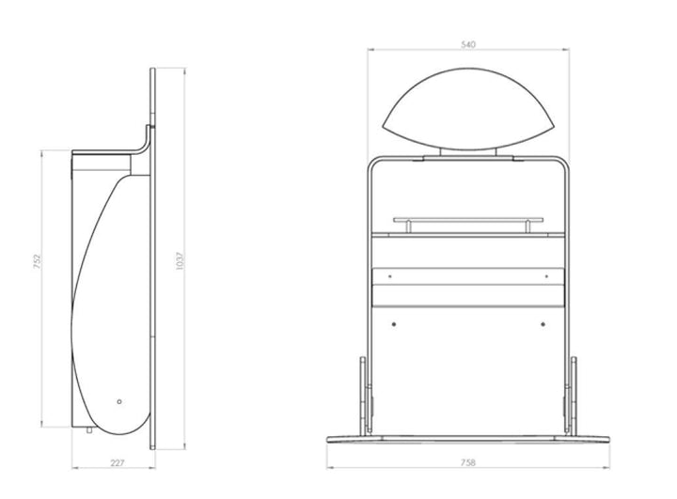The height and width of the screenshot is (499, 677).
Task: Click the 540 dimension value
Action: click(x=468, y=44)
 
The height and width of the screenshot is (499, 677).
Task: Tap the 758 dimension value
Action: click(x=468, y=462)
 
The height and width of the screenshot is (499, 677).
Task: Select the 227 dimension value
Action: click(x=117, y=463)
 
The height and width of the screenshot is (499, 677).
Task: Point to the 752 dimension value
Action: click(x=37, y=262)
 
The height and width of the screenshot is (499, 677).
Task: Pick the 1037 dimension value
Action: click(x=180, y=261)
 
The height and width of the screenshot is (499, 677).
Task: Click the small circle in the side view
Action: click(x=119, y=401)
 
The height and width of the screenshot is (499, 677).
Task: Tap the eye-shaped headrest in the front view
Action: click(x=468, y=109)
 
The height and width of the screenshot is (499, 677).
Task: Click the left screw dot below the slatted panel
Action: click(x=393, y=324)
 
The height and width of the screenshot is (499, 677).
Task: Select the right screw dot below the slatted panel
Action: click(x=543, y=324)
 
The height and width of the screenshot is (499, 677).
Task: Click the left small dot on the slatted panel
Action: click(x=390, y=276)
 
